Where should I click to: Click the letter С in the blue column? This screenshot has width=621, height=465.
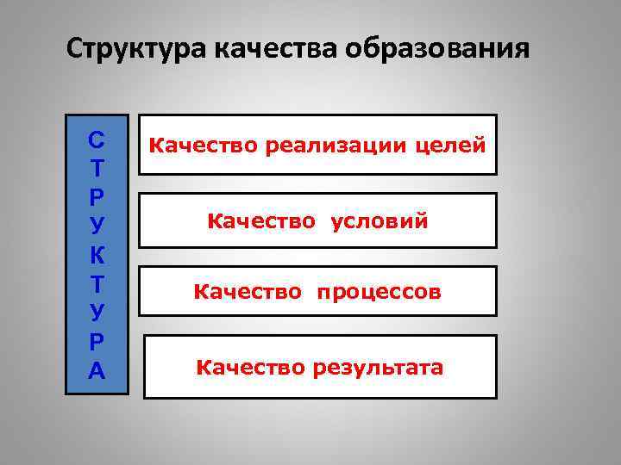[97, 138]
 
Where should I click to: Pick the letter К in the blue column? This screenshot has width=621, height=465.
[97, 255]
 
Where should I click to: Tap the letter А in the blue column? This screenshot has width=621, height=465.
[97, 371]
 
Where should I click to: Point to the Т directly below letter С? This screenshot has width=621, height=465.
[97, 167]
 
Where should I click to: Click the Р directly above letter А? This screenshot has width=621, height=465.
[97, 342]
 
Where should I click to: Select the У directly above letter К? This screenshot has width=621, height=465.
[97, 226]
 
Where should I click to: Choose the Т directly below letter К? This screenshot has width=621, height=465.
[97, 283]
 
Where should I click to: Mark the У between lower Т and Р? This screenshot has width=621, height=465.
[97, 313]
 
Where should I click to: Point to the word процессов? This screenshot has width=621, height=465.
[379, 294]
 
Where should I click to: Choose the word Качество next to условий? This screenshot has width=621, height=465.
[253, 222]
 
